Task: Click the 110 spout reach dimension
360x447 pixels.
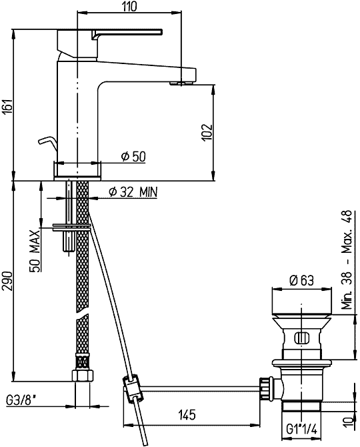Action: point(129,6)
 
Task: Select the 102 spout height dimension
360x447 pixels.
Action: point(207,132)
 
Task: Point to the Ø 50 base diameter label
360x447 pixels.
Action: point(133,156)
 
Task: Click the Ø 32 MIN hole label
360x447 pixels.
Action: point(133,192)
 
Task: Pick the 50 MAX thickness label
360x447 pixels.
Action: point(35,251)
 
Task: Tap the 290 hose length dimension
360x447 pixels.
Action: point(7,281)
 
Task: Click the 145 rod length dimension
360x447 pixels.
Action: point(187,414)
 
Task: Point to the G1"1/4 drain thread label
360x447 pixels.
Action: point(301,429)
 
